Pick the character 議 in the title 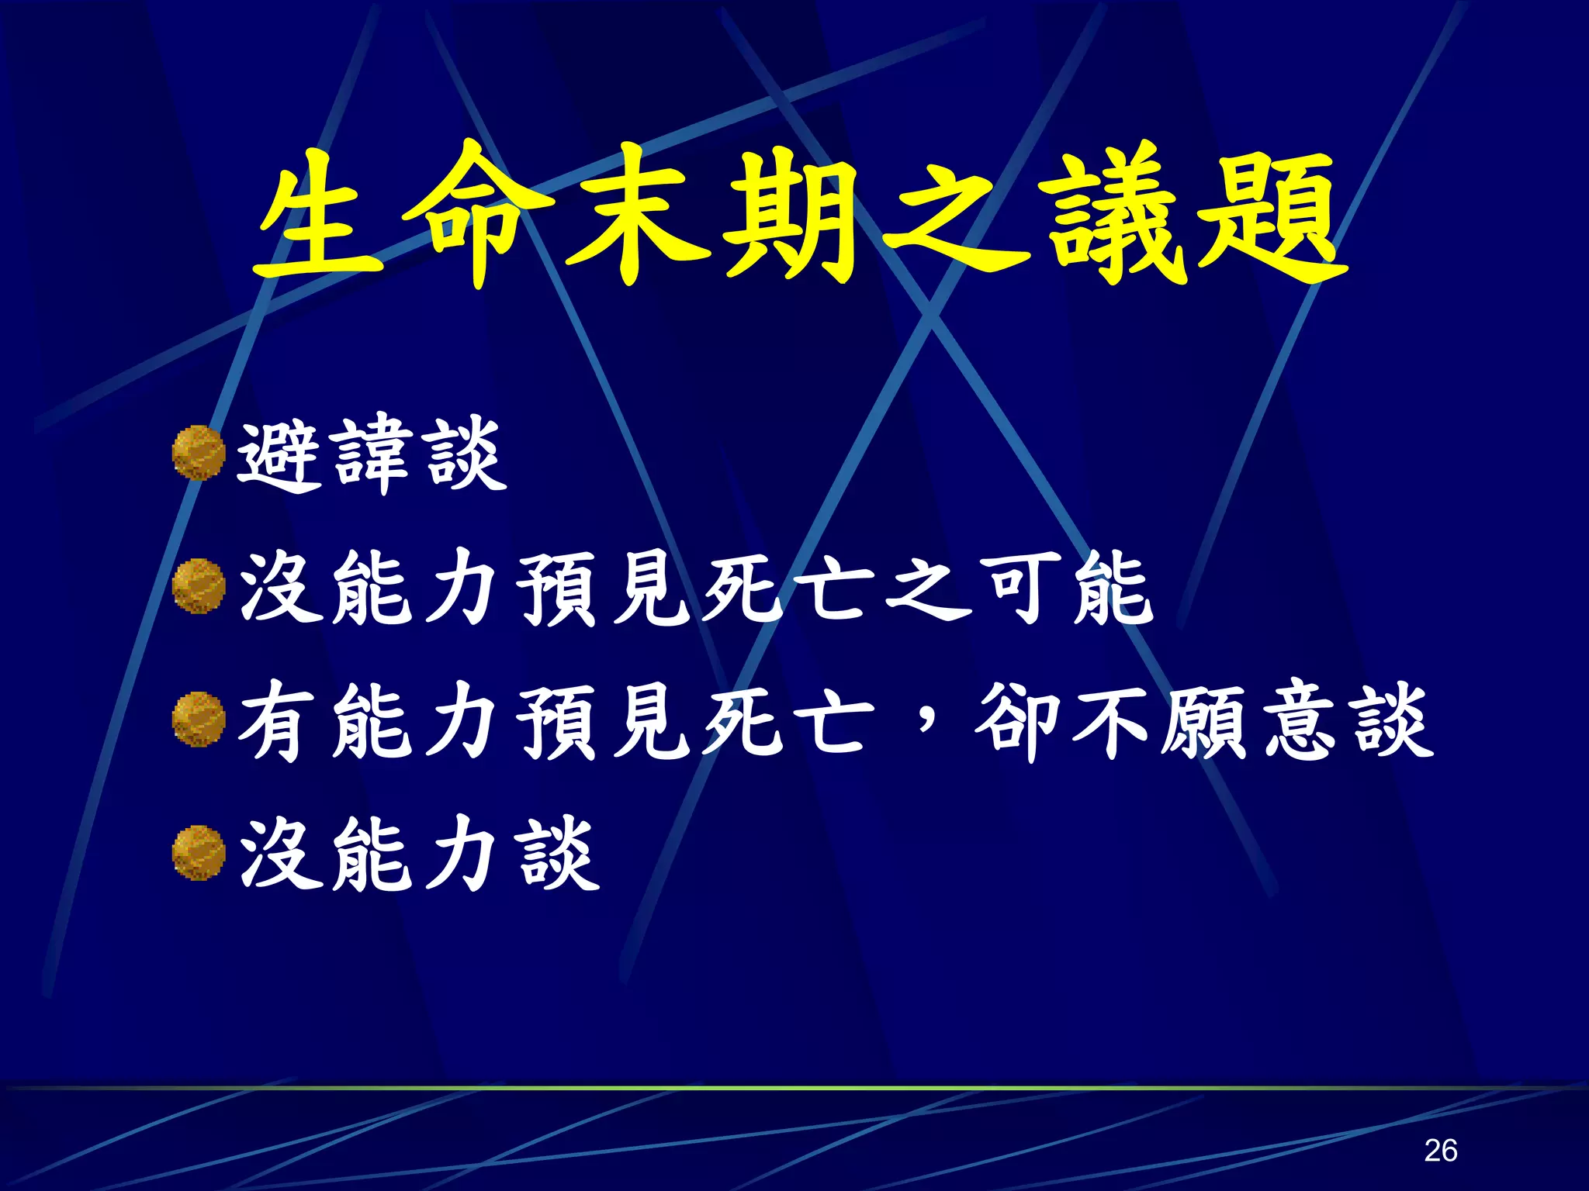tap(1117, 217)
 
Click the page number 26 tap(1440, 1150)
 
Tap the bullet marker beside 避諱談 tap(199, 454)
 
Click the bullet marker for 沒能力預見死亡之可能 tap(199, 587)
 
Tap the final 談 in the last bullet tap(560, 854)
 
